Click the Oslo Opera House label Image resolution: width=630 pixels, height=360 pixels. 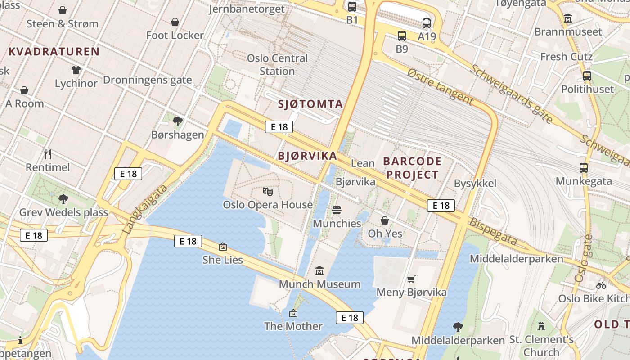pyautogui.click(x=268, y=205)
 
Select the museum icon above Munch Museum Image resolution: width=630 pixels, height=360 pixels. pyautogui.click(x=319, y=271)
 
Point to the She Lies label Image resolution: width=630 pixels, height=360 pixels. pyautogui.click(x=223, y=260)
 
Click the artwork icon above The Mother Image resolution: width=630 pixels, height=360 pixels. pyautogui.click(x=293, y=313)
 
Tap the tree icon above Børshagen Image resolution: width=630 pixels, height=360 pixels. pyautogui.click(x=178, y=121)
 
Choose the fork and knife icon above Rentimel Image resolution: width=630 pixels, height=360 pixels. pyautogui.click(x=48, y=154)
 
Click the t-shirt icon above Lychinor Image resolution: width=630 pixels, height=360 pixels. pyautogui.click(x=76, y=70)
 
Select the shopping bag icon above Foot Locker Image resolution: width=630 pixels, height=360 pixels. pyautogui.click(x=175, y=22)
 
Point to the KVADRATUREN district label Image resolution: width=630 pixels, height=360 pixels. pyautogui.click(x=54, y=51)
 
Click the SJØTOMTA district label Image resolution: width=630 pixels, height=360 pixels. pyautogui.click(x=310, y=104)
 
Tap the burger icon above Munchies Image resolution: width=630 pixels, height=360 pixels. pyautogui.click(x=337, y=210)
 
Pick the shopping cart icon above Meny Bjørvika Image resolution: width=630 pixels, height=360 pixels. pyautogui.click(x=411, y=279)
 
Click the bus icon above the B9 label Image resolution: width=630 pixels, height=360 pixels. pyautogui.click(x=402, y=36)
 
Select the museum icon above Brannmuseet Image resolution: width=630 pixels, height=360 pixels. pyautogui.click(x=568, y=19)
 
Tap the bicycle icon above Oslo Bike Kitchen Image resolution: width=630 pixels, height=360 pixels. pyautogui.click(x=601, y=285)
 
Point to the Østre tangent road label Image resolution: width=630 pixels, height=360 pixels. pyautogui.click(x=441, y=87)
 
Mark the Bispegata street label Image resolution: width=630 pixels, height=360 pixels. pyautogui.click(x=493, y=232)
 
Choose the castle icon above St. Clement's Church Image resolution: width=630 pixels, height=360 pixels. pyautogui.click(x=541, y=326)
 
